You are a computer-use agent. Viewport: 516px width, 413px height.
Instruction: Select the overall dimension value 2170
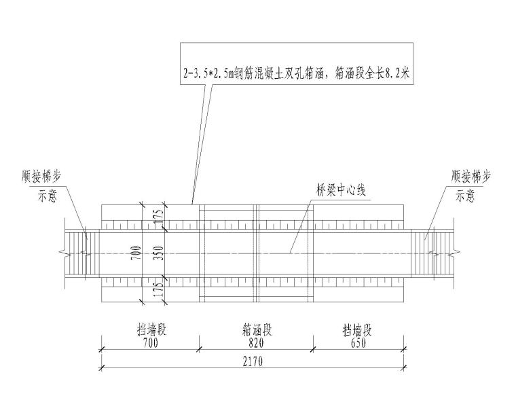click(x=251, y=361)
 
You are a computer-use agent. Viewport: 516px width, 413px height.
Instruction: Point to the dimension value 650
click(x=356, y=343)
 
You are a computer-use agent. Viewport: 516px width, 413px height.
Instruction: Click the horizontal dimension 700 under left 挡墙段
click(x=150, y=343)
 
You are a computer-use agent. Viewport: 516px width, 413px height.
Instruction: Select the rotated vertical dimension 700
click(x=138, y=252)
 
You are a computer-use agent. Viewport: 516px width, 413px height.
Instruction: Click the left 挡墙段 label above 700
click(x=150, y=331)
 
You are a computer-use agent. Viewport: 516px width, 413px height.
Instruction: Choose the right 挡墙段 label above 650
click(x=356, y=331)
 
